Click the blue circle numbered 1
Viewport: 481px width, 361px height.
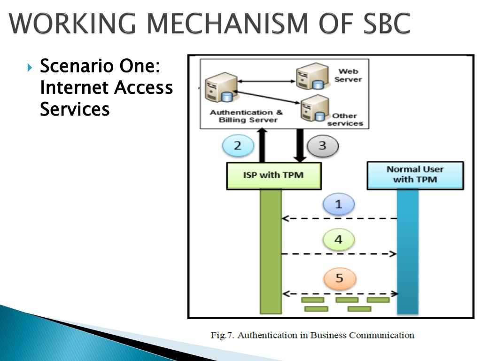338,204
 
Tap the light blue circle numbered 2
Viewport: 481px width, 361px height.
238,146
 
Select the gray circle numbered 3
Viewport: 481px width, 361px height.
322,146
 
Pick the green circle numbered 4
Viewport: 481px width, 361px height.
338,239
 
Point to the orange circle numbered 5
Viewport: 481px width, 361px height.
340,278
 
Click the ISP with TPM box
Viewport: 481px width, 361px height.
274,176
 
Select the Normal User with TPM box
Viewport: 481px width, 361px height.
415,175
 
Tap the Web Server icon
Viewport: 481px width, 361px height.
312,76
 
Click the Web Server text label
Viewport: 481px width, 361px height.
348,75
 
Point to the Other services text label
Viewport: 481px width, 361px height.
345,119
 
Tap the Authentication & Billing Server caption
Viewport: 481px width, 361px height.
247,116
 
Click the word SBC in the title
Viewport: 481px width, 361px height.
387,24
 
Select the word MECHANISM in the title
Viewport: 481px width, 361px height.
227,24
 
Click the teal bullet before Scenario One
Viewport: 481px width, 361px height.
30,67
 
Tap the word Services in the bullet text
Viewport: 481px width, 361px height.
75,109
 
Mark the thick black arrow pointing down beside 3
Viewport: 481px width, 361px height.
300,146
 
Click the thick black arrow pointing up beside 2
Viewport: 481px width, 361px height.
262,145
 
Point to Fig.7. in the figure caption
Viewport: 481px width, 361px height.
222,335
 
